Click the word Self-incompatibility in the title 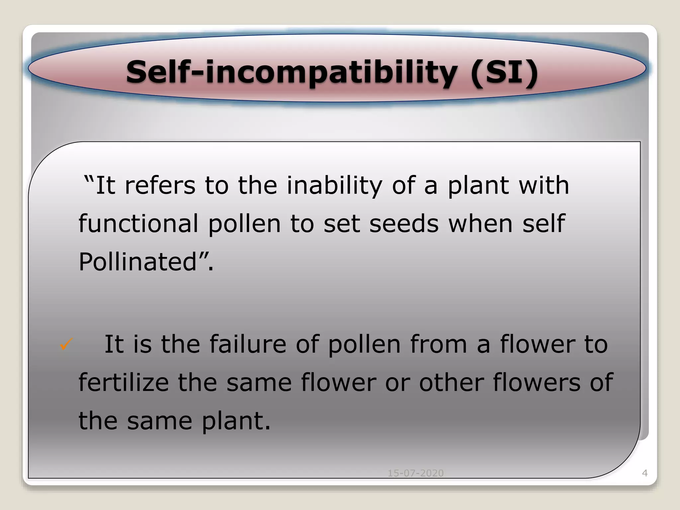pyautogui.click(x=292, y=72)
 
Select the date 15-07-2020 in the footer pyautogui.click(x=416, y=473)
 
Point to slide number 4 pyautogui.click(x=645, y=473)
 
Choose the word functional pyautogui.click(x=138, y=223)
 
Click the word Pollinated pyautogui.click(x=138, y=262)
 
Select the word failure pyautogui.click(x=248, y=344)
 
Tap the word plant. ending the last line pyautogui.click(x=236, y=421)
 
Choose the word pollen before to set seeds pyautogui.click(x=244, y=223)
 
